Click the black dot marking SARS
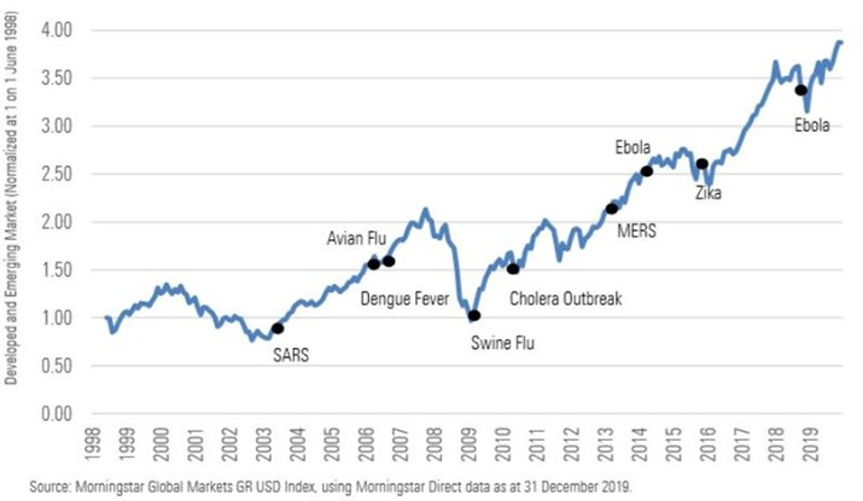click(x=277, y=328)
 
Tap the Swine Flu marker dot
click(x=474, y=315)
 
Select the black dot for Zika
click(x=702, y=164)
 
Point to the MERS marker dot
click(x=611, y=209)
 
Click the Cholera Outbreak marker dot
click(x=513, y=268)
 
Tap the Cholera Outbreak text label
click(x=566, y=298)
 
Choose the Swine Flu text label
click(x=503, y=343)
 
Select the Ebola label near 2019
click(x=812, y=126)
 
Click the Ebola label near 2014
click(x=633, y=147)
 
